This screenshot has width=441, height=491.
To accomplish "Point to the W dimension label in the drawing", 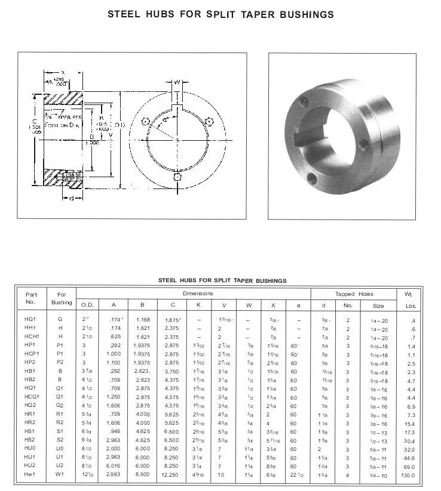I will pyautogui.click(x=177, y=82).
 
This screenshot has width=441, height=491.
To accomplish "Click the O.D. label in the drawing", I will pyautogui.click(x=120, y=125).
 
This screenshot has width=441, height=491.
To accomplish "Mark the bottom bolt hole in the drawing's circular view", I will pyautogui.click(x=177, y=177).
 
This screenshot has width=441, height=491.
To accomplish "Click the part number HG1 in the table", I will pyautogui.click(x=30, y=320).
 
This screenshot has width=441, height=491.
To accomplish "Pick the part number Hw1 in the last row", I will pyautogui.click(x=30, y=475).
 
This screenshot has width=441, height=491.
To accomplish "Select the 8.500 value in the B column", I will pyautogui.click(x=142, y=475).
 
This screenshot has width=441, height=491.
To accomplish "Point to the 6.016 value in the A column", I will pyautogui.click(x=113, y=466).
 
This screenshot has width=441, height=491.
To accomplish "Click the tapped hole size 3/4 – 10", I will pyautogui.click(x=378, y=475).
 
